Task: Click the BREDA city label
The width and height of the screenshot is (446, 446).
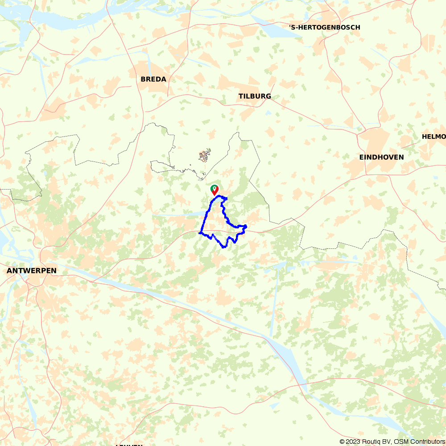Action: [x=153, y=79]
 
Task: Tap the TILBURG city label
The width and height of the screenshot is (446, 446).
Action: [x=254, y=96]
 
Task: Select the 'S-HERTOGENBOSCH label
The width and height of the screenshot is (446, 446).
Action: [x=324, y=28]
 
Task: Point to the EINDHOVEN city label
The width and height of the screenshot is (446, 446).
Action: [x=381, y=157]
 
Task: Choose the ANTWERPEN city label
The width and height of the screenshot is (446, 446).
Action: [x=31, y=271]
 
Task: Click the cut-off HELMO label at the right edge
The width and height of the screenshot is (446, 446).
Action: [x=434, y=136]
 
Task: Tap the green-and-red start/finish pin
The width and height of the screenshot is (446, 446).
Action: [x=215, y=190]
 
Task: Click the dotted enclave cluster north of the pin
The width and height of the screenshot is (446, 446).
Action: [x=205, y=156]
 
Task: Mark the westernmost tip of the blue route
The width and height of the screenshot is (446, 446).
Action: [x=199, y=232]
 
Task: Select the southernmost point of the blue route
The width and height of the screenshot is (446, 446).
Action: [x=223, y=247]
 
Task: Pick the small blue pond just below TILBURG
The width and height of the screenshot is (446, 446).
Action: [x=268, y=112]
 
